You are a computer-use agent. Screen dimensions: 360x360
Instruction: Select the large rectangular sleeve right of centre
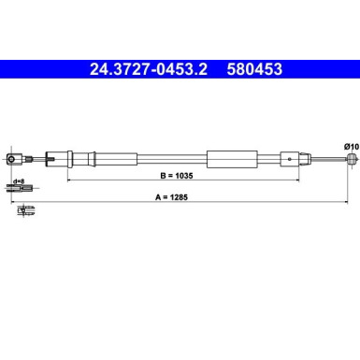click(230, 159)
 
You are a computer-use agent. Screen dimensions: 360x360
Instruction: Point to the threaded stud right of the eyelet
click(30, 159)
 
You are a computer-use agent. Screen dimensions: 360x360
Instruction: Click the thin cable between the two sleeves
click(173, 159)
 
